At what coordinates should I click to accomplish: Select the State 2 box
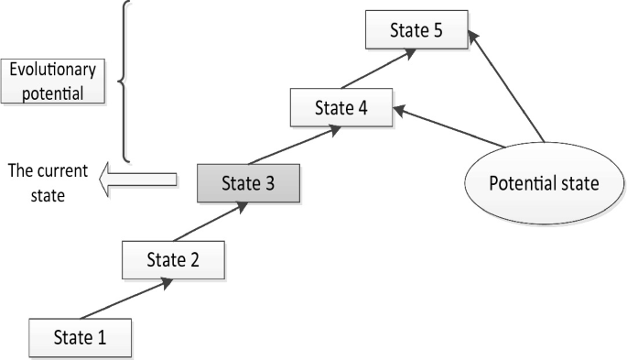(173, 260)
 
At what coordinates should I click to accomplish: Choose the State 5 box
(416, 30)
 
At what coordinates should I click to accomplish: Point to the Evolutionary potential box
(53, 82)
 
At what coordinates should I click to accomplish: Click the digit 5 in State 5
(438, 30)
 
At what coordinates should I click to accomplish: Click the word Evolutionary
(53, 70)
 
